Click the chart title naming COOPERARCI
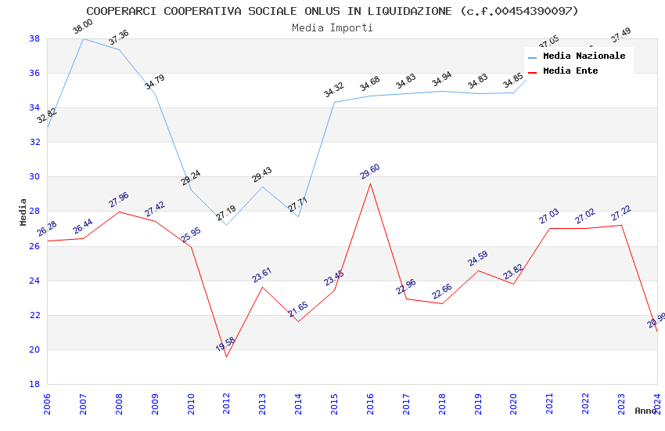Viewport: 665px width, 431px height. pos(332,11)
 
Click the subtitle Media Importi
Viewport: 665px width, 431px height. pos(332,27)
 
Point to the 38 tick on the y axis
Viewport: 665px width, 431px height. pos(34,38)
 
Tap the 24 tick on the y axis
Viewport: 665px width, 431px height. pos(34,281)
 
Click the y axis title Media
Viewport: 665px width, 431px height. pos(23,212)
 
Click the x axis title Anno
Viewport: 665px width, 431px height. pos(645,411)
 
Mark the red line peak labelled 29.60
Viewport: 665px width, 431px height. pos(370,183)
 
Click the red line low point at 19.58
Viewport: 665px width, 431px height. pos(227,357)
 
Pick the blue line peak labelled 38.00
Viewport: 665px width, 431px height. pos(84,38)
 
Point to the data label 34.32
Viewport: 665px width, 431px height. pos(334,90)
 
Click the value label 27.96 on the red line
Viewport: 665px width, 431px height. pos(119,200)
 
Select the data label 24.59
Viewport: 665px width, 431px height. pos(477,259)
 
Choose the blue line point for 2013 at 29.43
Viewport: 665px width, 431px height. pos(262,187)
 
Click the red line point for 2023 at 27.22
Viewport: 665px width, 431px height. pos(621,225)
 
